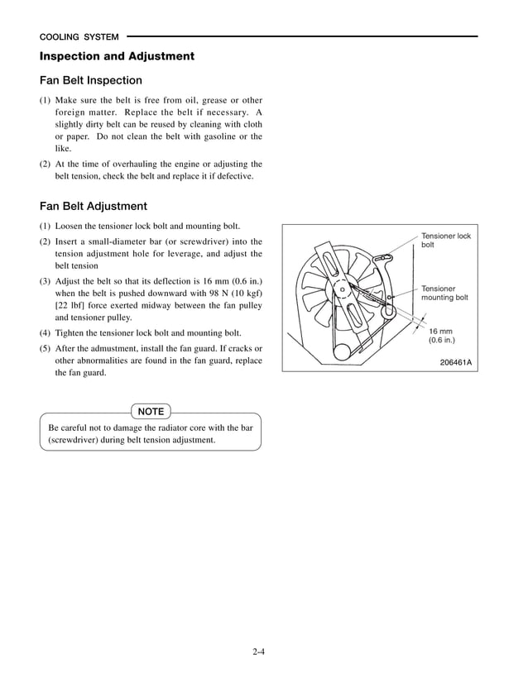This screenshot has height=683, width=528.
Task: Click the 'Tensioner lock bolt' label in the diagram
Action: pyautogui.click(x=445, y=241)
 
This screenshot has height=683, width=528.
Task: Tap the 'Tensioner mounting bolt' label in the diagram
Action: pyautogui.click(x=444, y=293)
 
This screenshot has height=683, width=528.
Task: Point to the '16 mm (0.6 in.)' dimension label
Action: pyautogui.click(x=441, y=335)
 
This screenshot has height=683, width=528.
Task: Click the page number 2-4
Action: pyautogui.click(x=259, y=652)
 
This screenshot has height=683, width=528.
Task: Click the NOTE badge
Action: pyautogui.click(x=151, y=412)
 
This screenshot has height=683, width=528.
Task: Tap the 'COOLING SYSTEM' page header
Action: pyautogui.click(x=79, y=37)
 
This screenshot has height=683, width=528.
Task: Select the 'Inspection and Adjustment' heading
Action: pyautogui.click(x=117, y=57)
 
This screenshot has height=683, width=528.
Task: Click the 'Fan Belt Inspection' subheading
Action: pyautogui.click(x=91, y=81)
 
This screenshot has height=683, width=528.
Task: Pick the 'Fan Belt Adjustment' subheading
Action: pyautogui.click(x=94, y=207)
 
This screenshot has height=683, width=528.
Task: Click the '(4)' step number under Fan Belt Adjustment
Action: pyautogui.click(x=46, y=332)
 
